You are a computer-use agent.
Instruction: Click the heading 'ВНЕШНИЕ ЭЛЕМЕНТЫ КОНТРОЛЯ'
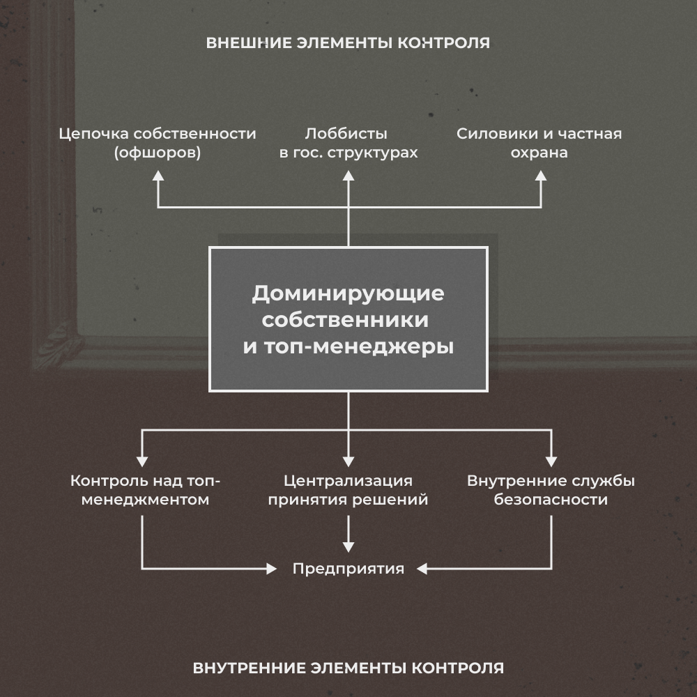click(348, 43)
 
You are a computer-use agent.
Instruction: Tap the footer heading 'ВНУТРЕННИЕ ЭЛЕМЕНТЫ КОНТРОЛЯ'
click(348, 668)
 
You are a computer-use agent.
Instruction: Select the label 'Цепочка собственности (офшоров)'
click(158, 143)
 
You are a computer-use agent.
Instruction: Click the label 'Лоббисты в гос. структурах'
click(348, 143)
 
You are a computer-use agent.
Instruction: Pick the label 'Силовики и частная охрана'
click(539, 143)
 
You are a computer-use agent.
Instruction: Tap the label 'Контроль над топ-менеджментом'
click(145, 490)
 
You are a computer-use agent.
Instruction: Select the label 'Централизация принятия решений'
click(348, 490)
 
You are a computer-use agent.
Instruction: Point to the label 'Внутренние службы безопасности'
click(551, 490)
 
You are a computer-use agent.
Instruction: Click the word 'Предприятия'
click(348, 569)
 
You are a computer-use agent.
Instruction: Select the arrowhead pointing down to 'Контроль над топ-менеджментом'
click(142, 461)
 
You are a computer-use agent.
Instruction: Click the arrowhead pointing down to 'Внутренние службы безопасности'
click(551, 461)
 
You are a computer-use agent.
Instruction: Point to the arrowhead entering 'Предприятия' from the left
click(272, 569)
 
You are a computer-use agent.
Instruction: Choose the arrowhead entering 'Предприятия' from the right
click(422, 569)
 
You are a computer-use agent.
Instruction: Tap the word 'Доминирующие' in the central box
click(348, 293)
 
